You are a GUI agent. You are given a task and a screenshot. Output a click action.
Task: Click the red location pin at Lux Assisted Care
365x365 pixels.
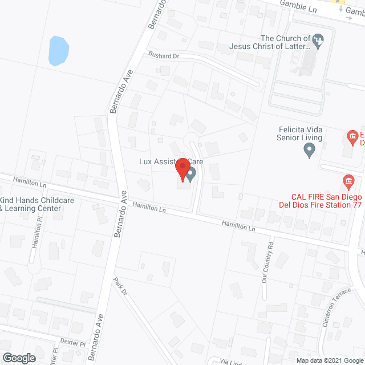coord(182,170)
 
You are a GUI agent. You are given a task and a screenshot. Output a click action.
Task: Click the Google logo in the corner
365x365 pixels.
coord(18,358)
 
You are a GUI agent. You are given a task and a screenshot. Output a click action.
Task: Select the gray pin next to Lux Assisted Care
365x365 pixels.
coord(191,173)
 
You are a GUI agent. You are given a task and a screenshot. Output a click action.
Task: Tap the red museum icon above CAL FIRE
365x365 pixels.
coord(352,136)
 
